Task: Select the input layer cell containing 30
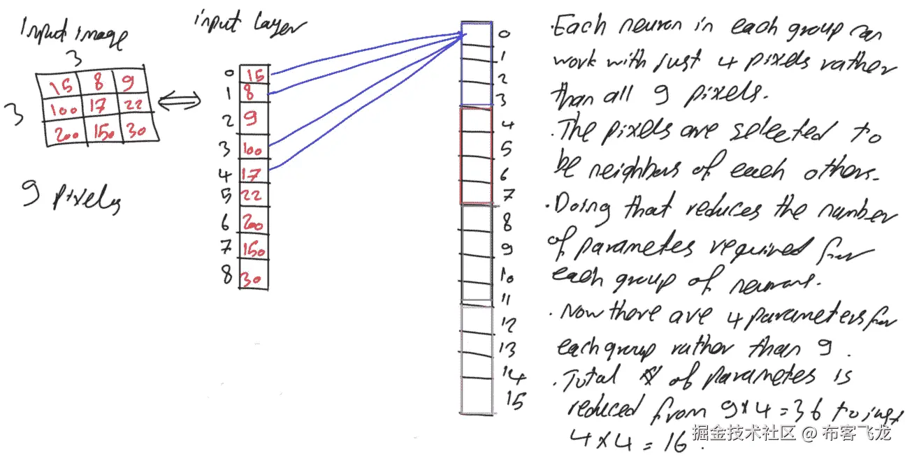pos(252,278)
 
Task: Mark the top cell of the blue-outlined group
pos(476,34)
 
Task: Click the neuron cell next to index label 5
pos(476,147)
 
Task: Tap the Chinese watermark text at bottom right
pos(792,433)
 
